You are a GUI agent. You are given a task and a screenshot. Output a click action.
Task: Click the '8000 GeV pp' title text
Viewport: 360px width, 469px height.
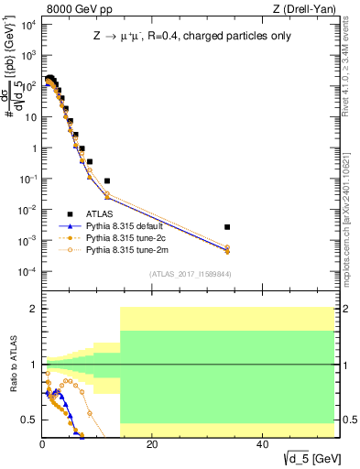coord(74,10)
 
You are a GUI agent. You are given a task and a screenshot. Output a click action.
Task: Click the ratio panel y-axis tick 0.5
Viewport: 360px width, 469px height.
coord(27,420)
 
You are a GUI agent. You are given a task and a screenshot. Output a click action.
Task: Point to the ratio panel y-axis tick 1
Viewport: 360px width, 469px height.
coord(30,365)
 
